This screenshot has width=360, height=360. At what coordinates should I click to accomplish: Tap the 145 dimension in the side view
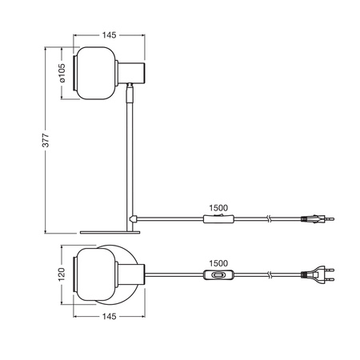(110, 35)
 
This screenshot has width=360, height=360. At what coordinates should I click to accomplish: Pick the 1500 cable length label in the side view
(218, 206)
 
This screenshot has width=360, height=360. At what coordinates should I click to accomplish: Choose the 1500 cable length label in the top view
(218, 262)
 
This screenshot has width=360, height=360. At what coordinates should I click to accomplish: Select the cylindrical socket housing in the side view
(130, 73)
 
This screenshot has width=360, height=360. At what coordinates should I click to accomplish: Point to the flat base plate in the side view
(110, 232)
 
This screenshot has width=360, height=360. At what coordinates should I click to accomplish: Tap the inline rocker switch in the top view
(218, 276)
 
